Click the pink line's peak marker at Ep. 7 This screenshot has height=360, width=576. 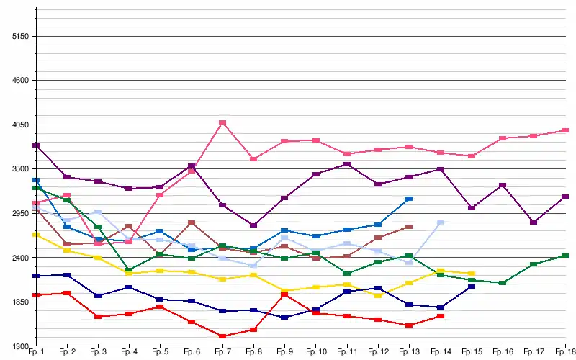coord(222,123)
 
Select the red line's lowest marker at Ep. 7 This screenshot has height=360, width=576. coord(222,336)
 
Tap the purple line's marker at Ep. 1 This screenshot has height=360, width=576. coord(36,145)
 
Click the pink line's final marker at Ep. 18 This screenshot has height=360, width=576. coord(564,130)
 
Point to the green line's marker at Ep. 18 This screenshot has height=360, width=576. coord(564,256)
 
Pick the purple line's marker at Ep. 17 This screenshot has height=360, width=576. coord(534,222)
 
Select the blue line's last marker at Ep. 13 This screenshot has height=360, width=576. coord(409,199)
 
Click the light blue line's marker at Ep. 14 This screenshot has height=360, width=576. coord(441,223)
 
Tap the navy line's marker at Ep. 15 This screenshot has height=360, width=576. coord(472,287)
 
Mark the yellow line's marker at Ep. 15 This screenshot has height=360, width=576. coord(472,274)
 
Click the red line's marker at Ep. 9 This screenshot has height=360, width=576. coord(285,294)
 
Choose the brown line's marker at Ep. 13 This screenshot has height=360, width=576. coord(409,227)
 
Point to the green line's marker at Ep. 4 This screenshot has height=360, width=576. coord(129,270)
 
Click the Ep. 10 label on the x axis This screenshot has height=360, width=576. coord(316,352)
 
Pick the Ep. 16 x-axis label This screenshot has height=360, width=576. coord(503,352)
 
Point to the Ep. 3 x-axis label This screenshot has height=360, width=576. coord(98,352)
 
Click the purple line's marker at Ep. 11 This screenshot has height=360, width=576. coord(347,165)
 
